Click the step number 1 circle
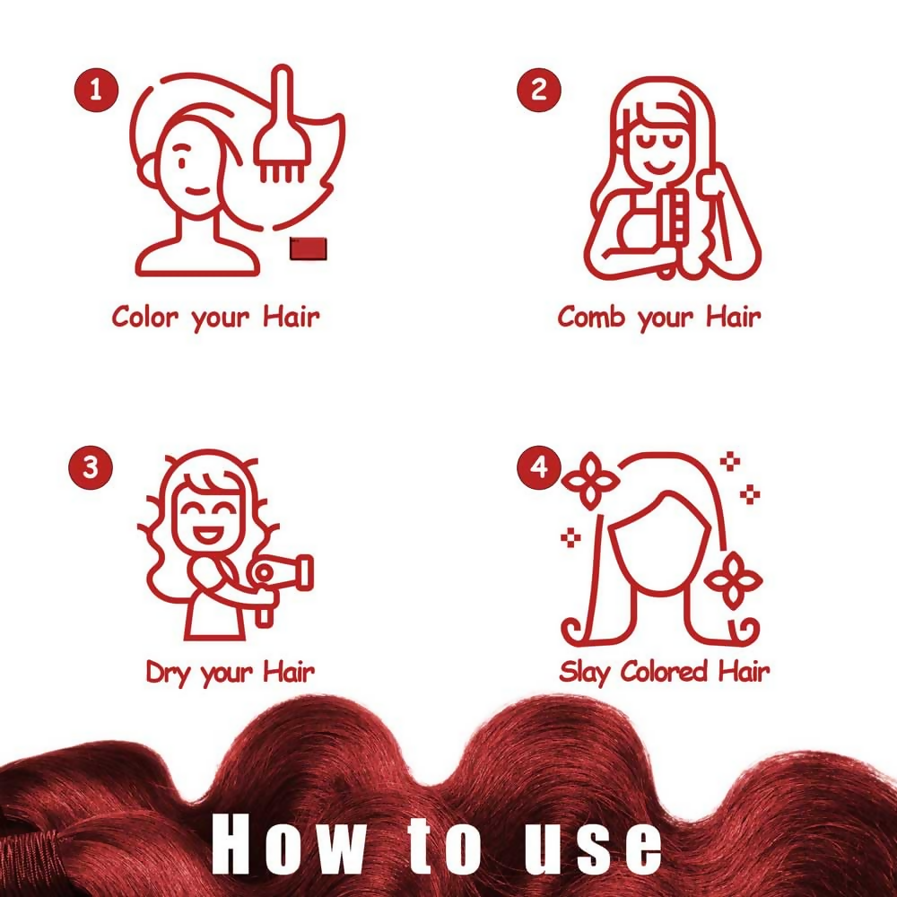tap(96, 91)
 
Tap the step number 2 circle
tap(539, 90)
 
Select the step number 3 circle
tap(91, 467)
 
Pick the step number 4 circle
tap(539, 467)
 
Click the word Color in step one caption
tap(145, 317)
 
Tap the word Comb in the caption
tap(591, 317)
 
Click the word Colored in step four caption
tap(664, 671)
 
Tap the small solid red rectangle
tap(309, 248)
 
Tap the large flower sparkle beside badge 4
tap(590, 481)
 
